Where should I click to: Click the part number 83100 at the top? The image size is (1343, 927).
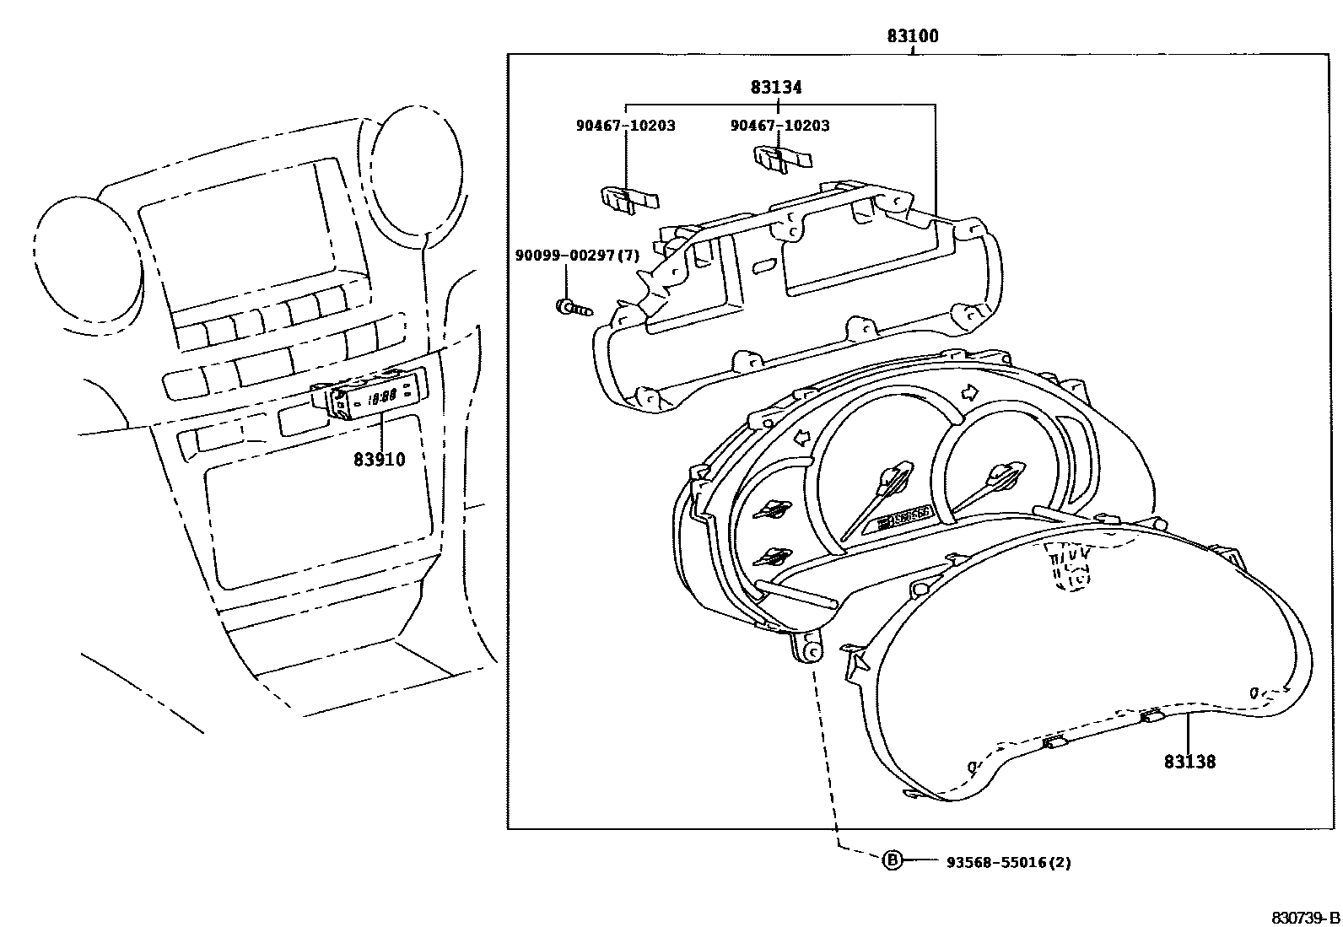[912, 36]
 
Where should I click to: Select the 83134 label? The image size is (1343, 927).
[776, 87]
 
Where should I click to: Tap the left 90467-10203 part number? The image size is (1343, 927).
[626, 126]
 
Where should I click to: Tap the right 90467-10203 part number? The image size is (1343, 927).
[779, 126]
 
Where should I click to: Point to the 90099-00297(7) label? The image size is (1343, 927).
[577, 255]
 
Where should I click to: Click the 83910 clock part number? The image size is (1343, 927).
[379, 460]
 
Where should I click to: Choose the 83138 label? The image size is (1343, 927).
[1189, 762]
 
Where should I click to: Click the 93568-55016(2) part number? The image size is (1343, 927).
[1008, 862]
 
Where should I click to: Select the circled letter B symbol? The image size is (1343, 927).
[892, 860]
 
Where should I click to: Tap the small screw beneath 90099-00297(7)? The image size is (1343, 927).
[569, 307]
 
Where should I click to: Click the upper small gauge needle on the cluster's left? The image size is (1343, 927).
[774, 508]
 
